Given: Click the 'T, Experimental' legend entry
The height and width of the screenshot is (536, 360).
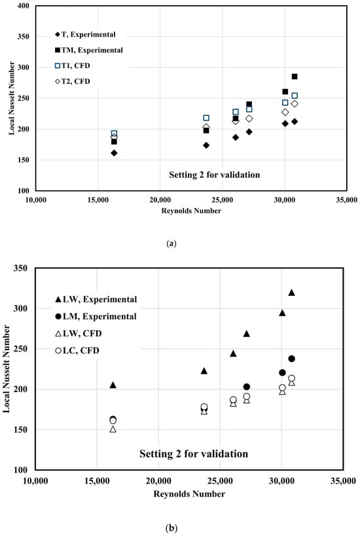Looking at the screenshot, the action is pyautogui.click(x=85, y=35).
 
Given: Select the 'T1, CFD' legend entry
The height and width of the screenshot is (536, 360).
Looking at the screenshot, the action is pyautogui.click(x=73, y=65).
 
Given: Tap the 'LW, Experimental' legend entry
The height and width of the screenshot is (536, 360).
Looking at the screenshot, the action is pyautogui.click(x=96, y=300).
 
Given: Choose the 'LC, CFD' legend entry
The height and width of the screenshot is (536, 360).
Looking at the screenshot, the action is pyautogui.click(x=77, y=350).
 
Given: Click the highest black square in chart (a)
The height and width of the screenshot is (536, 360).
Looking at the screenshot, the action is pyautogui.click(x=295, y=77).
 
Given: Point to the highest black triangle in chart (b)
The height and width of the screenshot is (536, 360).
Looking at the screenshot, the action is pyautogui.click(x=291, y=293).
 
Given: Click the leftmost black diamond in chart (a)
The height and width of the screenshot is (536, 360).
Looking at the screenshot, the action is pyautogui.click(x=114, y=153).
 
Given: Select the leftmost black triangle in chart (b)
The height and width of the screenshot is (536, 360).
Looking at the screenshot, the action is pyautogui.click(x=113, y=385).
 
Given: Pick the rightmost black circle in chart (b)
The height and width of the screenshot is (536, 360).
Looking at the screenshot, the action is pyautogui.click(x=292, y=359).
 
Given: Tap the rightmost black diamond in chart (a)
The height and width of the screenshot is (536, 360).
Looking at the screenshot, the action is pyautogui.click(x=295, y=122).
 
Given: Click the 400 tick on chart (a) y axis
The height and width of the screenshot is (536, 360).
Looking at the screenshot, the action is pyautogui.click(x=24, y=6).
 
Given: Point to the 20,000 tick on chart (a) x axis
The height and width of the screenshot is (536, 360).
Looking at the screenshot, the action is pyautogui.click(x=160, y=200).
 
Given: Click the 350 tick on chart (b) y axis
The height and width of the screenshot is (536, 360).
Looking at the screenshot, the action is pyautogui.click(x=20, y=268).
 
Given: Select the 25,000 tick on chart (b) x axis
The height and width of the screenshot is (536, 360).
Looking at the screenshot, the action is pyautogui.click(x=220, y=481).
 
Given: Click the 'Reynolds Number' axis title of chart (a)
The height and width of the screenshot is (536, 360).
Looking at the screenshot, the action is pyautogui.click(x=191, y=211).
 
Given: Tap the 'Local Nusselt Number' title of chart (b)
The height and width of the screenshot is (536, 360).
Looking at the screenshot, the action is pyautogui.click(x=7, y=369).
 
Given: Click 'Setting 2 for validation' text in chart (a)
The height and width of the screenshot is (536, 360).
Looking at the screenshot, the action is pyautogui.click(x=214, y=175).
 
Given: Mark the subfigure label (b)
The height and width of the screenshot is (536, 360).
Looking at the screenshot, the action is pyautogui.click(x=171, y=528).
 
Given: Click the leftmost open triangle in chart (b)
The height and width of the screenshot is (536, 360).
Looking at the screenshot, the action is pyautogui.click(x=113, y=429).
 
